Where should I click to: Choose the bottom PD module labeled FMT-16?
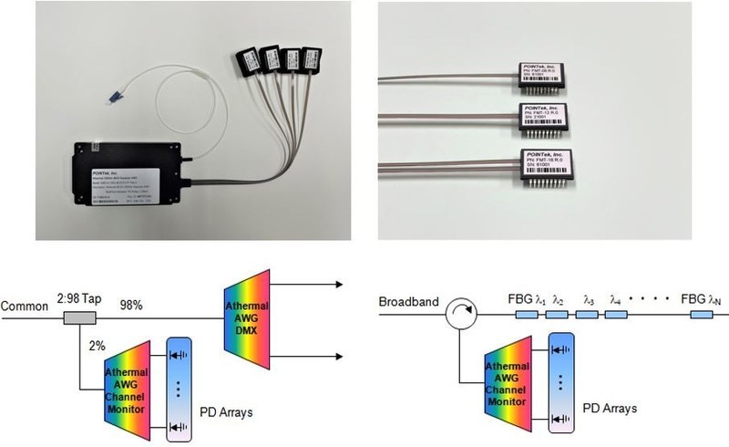point(552,170)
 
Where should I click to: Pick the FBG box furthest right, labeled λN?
point(703,316)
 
